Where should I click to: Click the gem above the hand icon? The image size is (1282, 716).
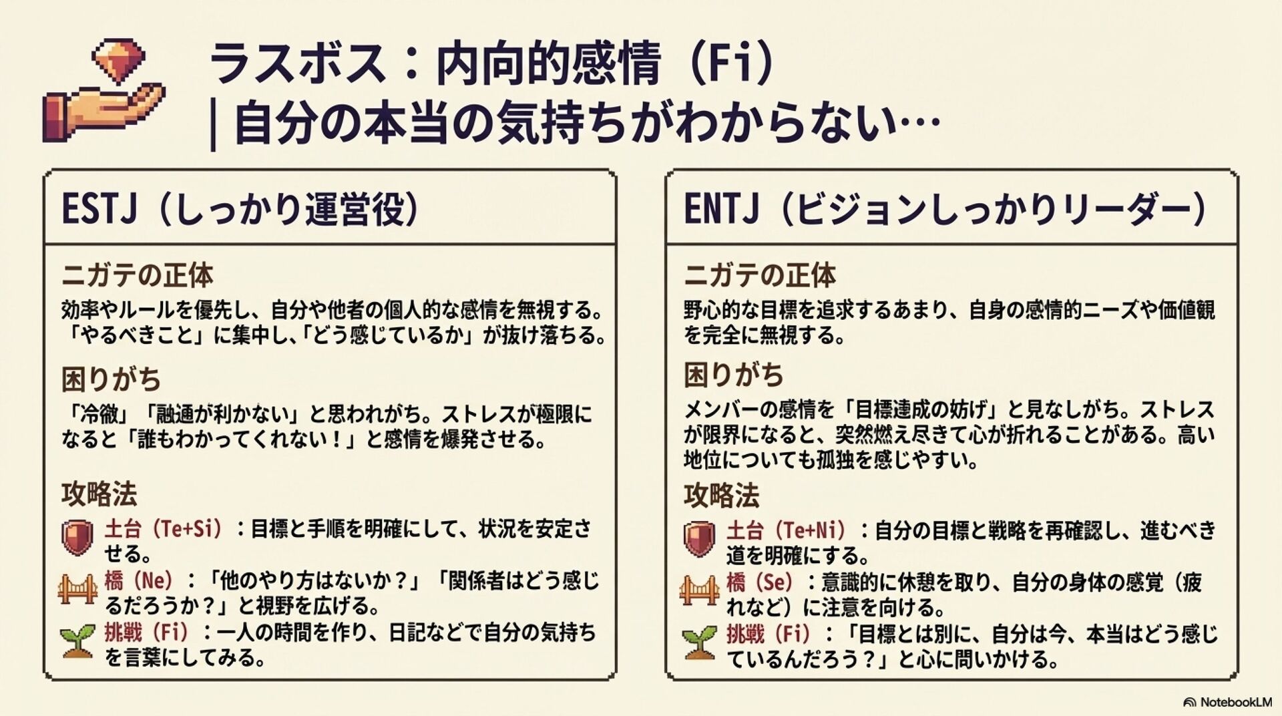118,59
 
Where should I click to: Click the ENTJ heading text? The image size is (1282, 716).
721,209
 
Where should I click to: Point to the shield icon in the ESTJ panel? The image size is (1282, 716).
77,538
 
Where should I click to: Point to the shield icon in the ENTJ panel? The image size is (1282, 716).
700,539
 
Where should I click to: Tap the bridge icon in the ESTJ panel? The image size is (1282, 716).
77,588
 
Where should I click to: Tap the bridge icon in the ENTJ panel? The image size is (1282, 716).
700,590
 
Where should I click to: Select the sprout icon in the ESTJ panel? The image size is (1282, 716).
77,642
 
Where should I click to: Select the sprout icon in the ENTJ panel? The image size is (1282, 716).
700,642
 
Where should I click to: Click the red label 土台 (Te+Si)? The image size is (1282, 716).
163,529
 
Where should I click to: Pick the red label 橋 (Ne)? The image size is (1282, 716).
138,580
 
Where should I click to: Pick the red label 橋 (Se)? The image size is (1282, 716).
760,582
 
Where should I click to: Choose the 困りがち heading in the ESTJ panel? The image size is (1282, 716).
111,379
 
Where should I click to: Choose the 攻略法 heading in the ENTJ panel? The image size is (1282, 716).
721,496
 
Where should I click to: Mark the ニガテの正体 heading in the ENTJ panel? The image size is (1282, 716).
759,275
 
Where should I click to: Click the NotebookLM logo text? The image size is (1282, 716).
1235,702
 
